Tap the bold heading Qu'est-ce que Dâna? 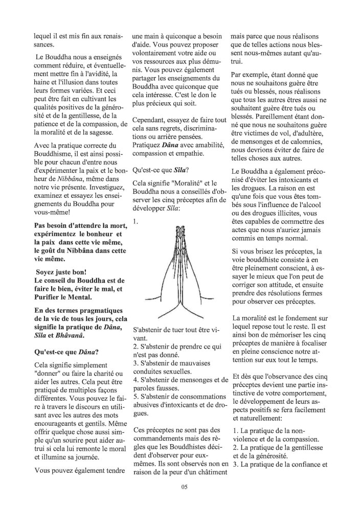click(x=66, y=352)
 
